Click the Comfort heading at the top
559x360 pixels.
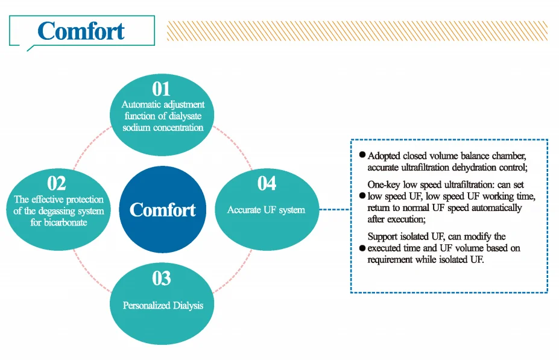[x=81, y=31]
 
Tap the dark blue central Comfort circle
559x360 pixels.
[x=163, y=210]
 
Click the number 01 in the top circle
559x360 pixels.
[x=161, y=89]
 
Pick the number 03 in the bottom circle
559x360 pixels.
[x=162, y=279]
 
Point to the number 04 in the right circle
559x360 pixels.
[x=267, y=183]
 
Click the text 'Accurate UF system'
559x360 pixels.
[x=266, y=210]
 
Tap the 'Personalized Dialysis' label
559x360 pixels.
[x=163, y=305]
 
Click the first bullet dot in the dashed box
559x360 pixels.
[x=362, y=155]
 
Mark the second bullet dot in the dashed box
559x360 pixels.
[x=362, y=196]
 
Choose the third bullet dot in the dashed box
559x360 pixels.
[x=362, y=248]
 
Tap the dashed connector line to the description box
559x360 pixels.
[x=334, y=210]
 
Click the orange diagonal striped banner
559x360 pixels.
[x=356, y=31]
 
